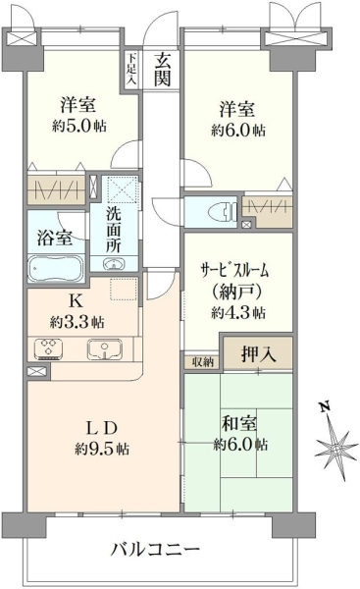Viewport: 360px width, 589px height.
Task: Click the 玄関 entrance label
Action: [x=163, y=70]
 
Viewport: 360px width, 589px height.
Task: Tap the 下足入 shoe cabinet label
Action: [x=131, y=70]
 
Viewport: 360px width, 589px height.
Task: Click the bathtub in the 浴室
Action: [x=56, y=268]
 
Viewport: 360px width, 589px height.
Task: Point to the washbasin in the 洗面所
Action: [x=113, y=264]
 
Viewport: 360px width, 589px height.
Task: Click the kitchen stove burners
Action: [x=48, y=348]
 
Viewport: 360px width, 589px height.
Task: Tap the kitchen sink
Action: [x=104, y=348]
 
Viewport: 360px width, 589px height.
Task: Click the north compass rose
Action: [x=335, y=444]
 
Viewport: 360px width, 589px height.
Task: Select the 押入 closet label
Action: [x=258, y=353]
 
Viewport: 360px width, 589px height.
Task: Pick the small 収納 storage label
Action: [x=203, y=362]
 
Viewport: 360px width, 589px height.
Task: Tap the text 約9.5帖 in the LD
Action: [x=102, y=449]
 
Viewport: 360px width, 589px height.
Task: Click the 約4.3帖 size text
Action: [x=238, y=312]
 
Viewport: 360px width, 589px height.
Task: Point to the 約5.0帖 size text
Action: [x=78, y=126]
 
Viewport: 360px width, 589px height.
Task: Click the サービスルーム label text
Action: [x=235, y=270]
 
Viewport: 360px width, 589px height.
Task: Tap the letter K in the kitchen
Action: [x=76, y=301]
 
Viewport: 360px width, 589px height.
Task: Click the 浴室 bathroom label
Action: [x=55, y=238]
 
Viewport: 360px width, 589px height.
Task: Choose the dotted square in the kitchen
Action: [x=124, y=289]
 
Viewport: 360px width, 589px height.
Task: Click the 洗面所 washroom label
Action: [x=113, y=230]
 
